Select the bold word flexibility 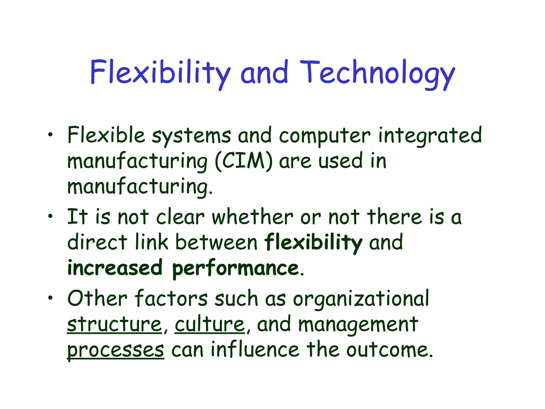pyautogui.click(x=313, y=242)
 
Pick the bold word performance pyautogui.click(x=236, y=268)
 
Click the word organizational pyautogui.click(x=361, y=299)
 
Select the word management pyautogui.click(x=358, y=325)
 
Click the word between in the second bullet pyautogui.click(x=216, y=242)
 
